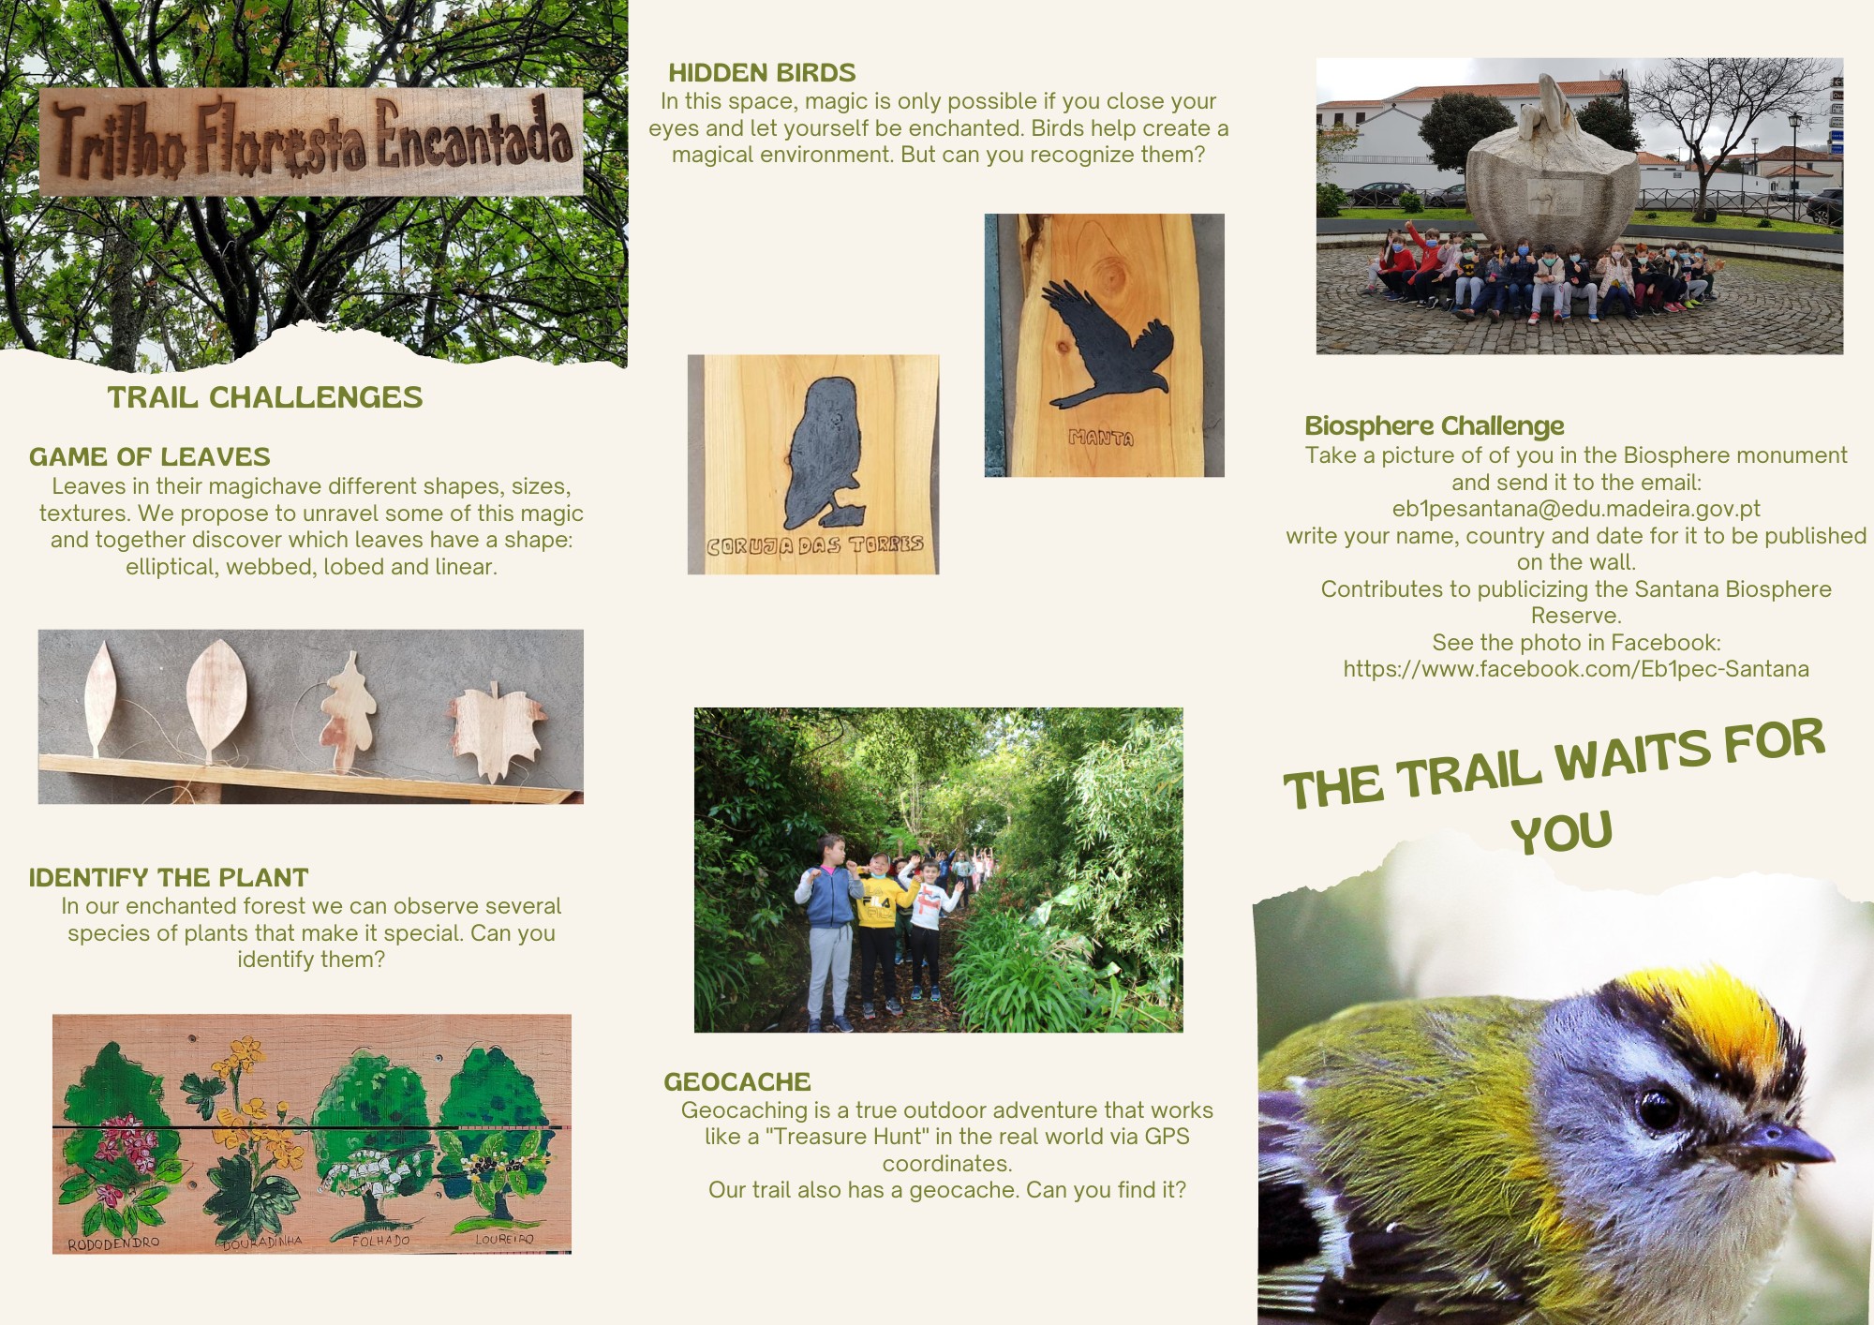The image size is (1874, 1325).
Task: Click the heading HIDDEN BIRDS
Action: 762,73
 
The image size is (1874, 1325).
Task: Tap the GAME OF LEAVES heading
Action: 150,457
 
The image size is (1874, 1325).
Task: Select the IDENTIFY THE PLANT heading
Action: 169,878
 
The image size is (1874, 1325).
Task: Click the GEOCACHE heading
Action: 737,1082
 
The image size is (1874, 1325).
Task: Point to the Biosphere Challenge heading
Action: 1435,426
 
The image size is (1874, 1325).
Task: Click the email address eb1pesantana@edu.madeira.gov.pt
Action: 1576,509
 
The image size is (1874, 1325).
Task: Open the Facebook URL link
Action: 1576,669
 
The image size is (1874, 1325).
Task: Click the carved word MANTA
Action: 1101,438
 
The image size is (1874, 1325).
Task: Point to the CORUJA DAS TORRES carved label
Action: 815,545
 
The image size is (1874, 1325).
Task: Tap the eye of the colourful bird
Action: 1658,1110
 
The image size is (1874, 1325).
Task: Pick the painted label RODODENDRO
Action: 113,1243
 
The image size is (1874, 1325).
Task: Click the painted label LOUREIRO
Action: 504,1239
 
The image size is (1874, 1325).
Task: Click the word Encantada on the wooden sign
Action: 474,138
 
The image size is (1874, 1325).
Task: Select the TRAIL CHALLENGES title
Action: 265,397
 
